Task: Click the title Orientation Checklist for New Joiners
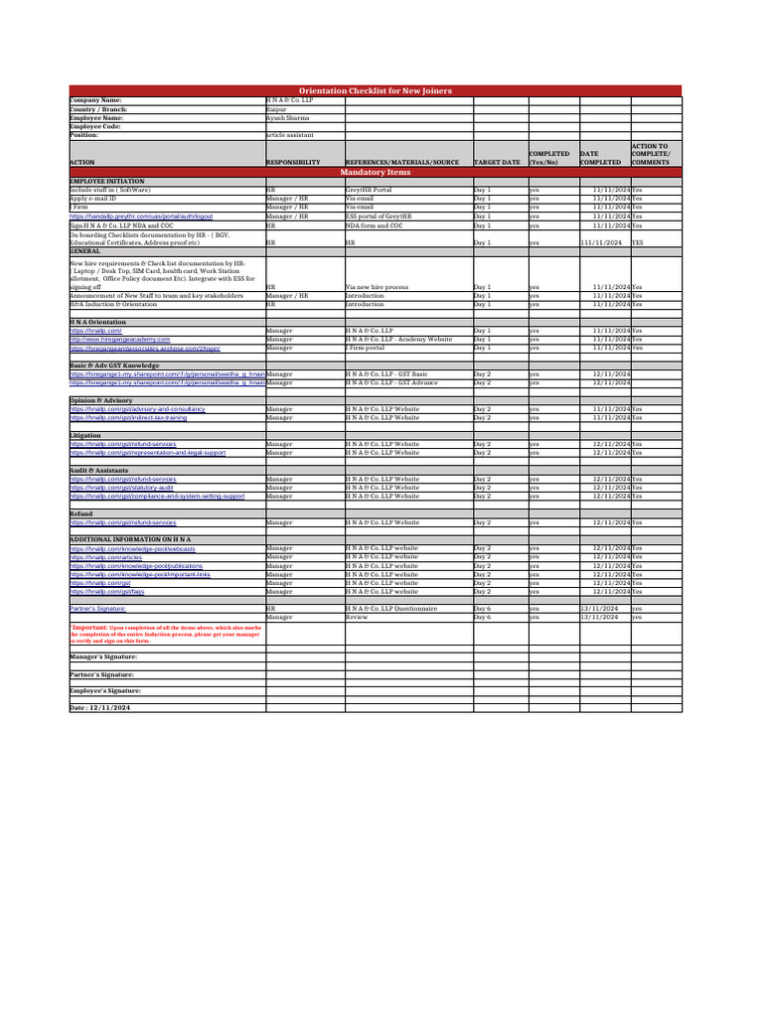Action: tap(375, 91)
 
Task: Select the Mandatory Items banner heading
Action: tap(375, 172)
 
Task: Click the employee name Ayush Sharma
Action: tap(288, 117)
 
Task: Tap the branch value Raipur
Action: tap(278, 108)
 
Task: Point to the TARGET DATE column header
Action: tap(497, 162)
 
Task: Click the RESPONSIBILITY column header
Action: tap(293, 162)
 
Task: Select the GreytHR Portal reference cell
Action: tap(369, 190)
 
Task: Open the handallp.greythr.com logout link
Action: tap(141, 216)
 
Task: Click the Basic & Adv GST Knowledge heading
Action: tap(115, 365)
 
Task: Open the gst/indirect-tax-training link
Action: tap(128, 418)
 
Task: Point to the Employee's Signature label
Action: tap(104, 689)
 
